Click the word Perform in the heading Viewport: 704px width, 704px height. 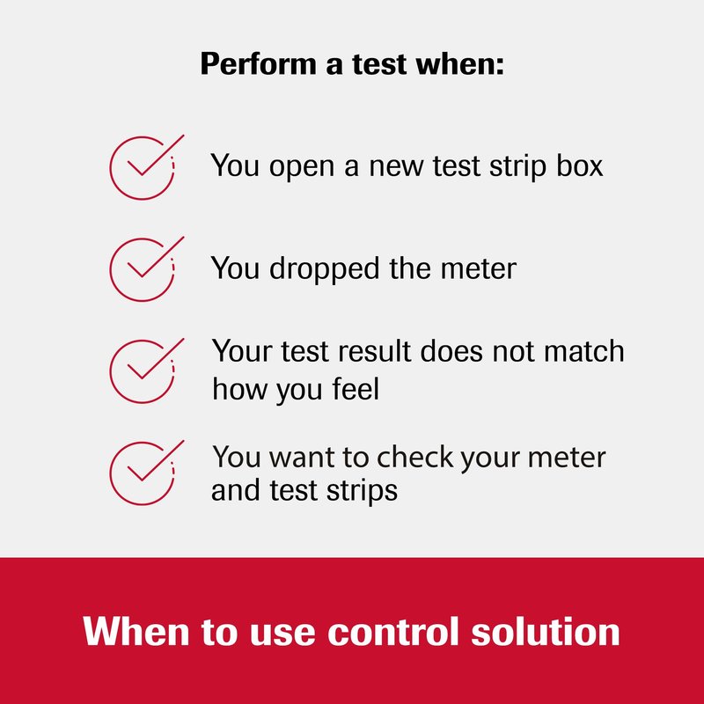259,64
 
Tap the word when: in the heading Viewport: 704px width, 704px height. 459,63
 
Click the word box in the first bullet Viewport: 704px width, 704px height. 580,165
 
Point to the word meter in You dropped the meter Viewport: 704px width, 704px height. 478,269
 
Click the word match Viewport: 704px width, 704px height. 583,351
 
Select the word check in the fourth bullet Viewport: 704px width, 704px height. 414,457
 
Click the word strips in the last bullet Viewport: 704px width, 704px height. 362,491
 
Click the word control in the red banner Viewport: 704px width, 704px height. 393,632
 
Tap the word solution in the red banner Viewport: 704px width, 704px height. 546,632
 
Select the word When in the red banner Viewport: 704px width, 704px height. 136,631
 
